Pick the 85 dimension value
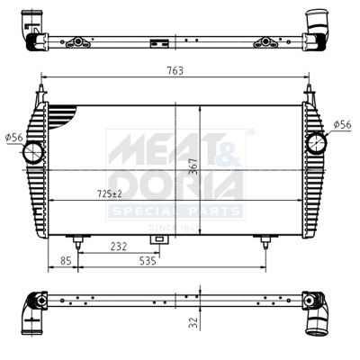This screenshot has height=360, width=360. (x=64, y=261)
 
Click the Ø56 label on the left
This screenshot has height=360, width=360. (x=13, y=137)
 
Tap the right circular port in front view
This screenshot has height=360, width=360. (x=316, y=141)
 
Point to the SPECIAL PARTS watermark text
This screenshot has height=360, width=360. (x=175, y=211)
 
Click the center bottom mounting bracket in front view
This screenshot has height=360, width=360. (x=160, y=239)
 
